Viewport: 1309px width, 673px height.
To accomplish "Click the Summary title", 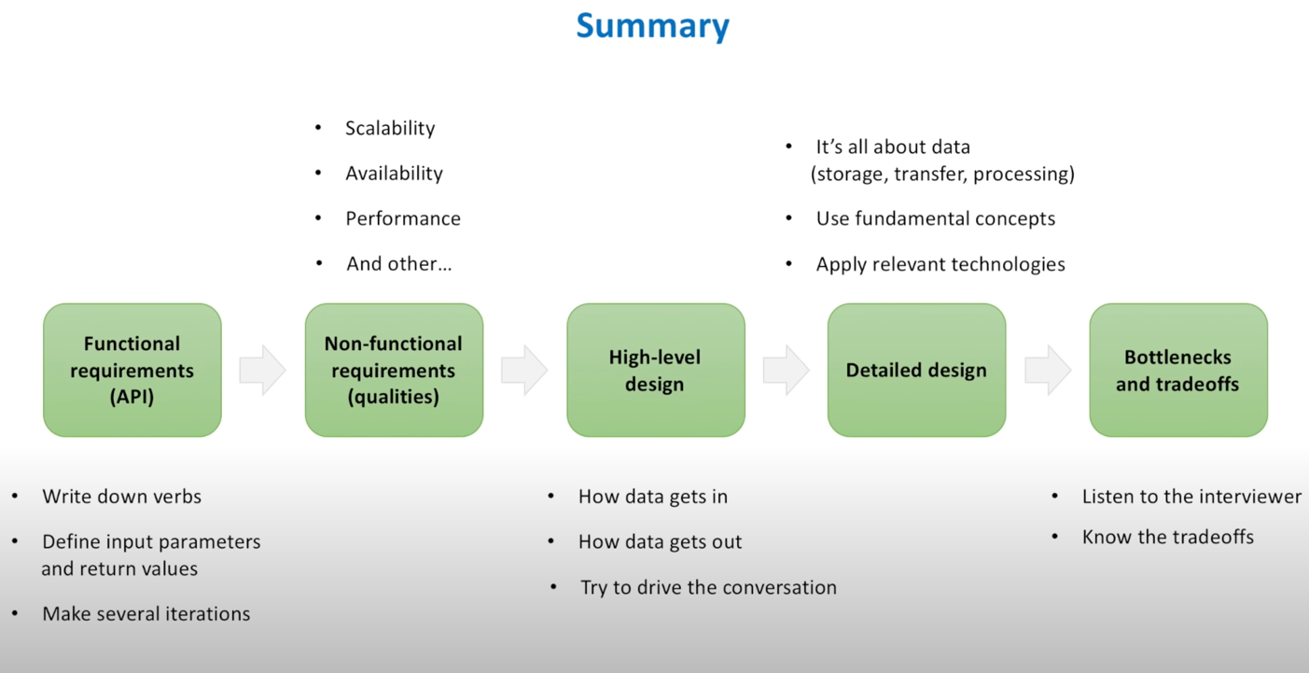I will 652,25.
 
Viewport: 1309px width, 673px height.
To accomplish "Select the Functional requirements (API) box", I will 132,370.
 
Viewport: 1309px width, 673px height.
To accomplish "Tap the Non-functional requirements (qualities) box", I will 394,370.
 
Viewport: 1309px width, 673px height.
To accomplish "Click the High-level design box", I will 655,370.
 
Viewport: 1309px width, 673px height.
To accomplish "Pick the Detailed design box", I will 916,370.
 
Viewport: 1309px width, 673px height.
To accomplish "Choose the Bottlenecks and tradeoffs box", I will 1177,370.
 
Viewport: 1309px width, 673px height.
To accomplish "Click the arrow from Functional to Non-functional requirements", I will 262,370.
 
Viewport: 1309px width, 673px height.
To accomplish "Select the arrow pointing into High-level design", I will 524,370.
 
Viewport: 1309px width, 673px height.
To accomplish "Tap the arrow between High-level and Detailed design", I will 786,370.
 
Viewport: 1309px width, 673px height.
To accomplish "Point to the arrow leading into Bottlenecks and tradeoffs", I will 1048,370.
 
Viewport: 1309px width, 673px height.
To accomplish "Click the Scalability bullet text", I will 390,128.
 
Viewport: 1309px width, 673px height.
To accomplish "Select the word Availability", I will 394,173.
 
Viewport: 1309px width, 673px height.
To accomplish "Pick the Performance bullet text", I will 403,218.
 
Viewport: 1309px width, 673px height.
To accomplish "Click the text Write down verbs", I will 121,497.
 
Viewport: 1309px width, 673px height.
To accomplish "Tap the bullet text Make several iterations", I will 146,613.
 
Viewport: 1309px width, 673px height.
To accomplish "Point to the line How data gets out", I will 660,541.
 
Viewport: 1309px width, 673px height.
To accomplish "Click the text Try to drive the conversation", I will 708,587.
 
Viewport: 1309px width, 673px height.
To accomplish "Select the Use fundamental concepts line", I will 935,218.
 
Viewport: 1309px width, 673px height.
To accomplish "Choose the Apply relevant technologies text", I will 940,264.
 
